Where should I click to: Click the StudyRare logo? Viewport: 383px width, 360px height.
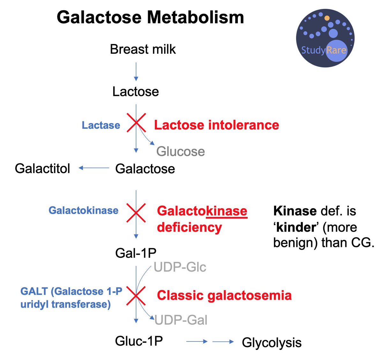click(325, 38)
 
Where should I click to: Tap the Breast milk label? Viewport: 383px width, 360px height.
click(143, 50)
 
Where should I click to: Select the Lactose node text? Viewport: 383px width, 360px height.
click(136, 92)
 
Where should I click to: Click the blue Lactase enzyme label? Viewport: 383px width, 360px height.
click(101, 125)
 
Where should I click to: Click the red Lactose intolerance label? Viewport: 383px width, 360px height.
click(216, 125)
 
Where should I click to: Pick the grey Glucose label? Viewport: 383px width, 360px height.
click(180, 151)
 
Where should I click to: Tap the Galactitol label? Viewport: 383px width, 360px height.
click(42, 168)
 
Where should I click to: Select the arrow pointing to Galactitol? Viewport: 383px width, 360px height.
click(94, 168)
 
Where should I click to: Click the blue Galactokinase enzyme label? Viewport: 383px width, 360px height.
click(83, 211)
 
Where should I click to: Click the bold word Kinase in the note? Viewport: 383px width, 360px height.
click(295, 211)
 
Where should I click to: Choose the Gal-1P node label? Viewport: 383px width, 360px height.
click(136, 253)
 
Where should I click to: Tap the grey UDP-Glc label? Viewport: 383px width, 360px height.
click(180, 267)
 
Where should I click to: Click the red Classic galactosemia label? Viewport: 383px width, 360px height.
click(224, 295)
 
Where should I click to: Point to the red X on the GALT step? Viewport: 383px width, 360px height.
click(136, 296)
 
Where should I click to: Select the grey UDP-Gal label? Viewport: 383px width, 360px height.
click(181, 320)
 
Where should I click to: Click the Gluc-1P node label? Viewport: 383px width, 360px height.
click(139, 341)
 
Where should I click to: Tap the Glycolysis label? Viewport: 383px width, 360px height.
click(272, 342)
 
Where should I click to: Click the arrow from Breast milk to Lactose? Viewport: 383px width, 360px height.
click(136, 72)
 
